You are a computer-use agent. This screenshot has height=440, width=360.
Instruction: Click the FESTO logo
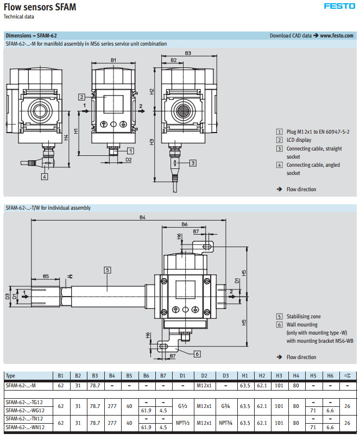(339, 7)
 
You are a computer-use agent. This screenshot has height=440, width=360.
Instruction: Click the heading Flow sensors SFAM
(40, 7)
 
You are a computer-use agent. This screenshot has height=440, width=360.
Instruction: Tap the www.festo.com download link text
(337, 35)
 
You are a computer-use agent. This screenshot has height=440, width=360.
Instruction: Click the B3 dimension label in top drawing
(188, 53)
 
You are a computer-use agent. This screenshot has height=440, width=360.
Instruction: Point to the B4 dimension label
(142, 217)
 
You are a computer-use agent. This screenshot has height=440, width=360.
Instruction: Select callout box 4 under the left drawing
(44, 176)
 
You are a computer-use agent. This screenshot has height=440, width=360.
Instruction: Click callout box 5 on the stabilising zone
(108, 269)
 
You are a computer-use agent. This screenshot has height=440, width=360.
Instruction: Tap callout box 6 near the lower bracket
(197, 354)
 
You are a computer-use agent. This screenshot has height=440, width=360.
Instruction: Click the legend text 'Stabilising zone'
(305, 316)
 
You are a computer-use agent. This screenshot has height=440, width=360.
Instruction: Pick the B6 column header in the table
(146, 375)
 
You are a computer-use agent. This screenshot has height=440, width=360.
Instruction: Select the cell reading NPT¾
(224, 422)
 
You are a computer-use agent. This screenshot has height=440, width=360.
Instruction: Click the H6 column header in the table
(330, 375)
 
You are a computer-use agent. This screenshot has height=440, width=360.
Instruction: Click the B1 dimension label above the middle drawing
(113, 59)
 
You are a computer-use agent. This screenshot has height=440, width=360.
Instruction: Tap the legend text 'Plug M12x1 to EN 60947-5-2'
(318, 131)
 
